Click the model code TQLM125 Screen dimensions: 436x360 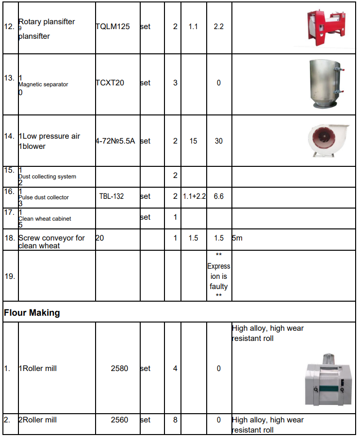113,27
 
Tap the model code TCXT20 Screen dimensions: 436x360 110,83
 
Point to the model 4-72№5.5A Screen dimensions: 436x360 115,141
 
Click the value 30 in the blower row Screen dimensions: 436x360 219,141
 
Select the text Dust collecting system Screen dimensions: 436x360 47,177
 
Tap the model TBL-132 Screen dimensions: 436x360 112,196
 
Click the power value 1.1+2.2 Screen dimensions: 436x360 194,196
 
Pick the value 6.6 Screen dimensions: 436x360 219,196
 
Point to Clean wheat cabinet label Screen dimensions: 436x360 45,219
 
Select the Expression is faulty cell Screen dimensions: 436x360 219,275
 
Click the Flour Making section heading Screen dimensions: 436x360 32,313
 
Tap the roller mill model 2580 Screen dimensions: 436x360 119,369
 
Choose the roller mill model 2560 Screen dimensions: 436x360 119,420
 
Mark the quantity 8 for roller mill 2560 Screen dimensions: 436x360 175,420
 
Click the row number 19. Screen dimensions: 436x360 9,276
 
